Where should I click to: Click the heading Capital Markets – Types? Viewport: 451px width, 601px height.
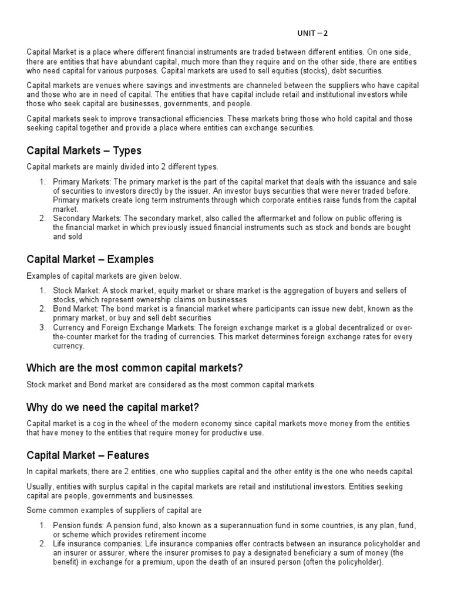click(x=84, y=151)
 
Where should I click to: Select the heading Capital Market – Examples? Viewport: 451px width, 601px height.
click(x=90, y=259)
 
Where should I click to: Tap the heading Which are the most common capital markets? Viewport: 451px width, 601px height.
click(x=134, y=368)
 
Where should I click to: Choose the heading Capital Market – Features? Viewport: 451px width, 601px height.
click(x=87, y=455)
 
